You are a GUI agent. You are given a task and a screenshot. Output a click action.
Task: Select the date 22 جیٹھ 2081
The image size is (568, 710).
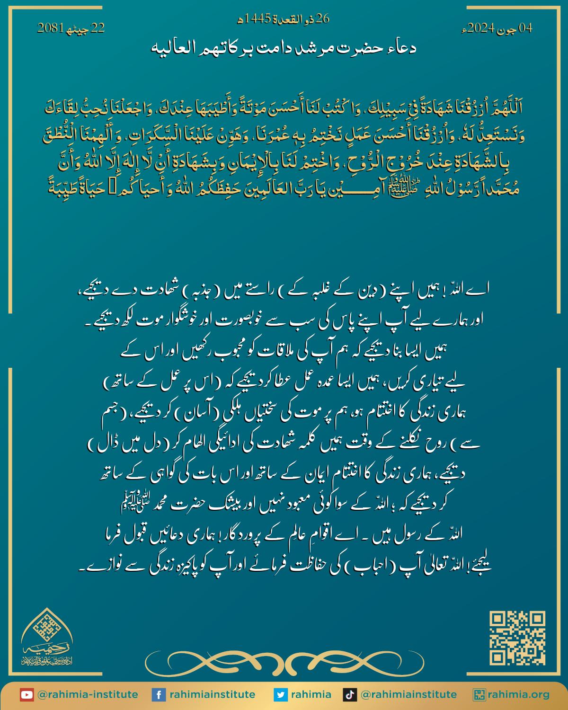pyautogui.click(x=71, y=29)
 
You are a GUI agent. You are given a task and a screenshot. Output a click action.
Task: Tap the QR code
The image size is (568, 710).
pyautogui.click(x=517, y=639)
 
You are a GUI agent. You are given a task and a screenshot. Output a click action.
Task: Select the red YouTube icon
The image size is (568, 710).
pyautogui.click(x=27, y=695)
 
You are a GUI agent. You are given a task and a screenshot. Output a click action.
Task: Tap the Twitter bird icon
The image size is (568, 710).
pyautogui.click(x=281, y=695)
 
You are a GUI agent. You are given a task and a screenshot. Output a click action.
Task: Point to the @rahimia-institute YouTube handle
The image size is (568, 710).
pyautogui.click(x=88, y=695)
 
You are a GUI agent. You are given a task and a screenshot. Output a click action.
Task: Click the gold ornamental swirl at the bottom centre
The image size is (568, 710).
pyautogui.click(x=284, y=660)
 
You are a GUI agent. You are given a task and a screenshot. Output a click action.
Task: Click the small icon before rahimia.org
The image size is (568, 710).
pyautogui.click(x=479, y=695)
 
